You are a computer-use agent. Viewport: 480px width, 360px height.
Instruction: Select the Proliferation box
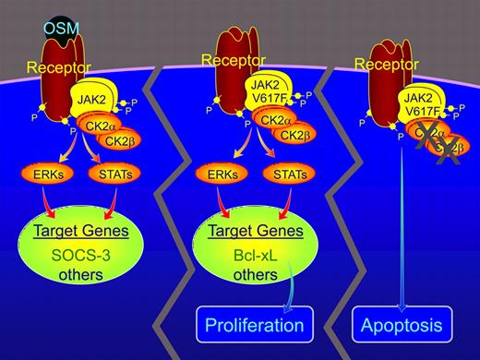tap(256, 326)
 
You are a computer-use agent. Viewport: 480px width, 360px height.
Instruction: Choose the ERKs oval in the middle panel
tap(224, 172)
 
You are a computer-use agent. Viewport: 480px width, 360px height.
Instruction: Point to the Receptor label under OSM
tap(57, 67)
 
